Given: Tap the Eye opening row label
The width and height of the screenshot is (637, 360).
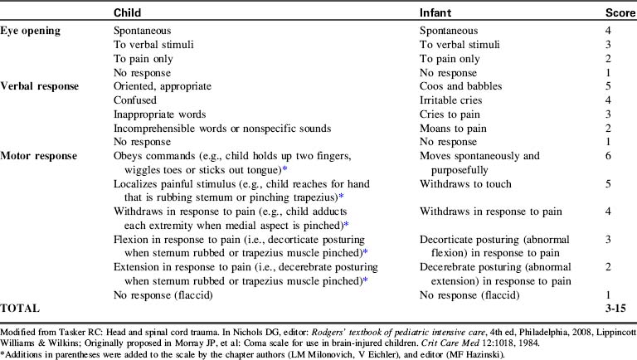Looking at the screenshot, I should [x=33, y=29].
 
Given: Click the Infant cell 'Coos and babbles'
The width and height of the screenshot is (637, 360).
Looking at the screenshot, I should [x=460, y=85].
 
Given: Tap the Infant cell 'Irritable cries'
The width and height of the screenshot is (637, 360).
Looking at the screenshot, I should [x=453, y=100].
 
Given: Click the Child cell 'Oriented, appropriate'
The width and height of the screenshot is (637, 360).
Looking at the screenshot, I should [x=163, y=85].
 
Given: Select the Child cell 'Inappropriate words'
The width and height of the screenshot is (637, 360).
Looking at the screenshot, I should [x=159, y=114].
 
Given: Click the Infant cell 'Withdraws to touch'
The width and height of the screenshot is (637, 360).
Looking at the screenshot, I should [x=464, y=184].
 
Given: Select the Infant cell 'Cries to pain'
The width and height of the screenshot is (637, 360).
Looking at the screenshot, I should [x=451, y=114].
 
